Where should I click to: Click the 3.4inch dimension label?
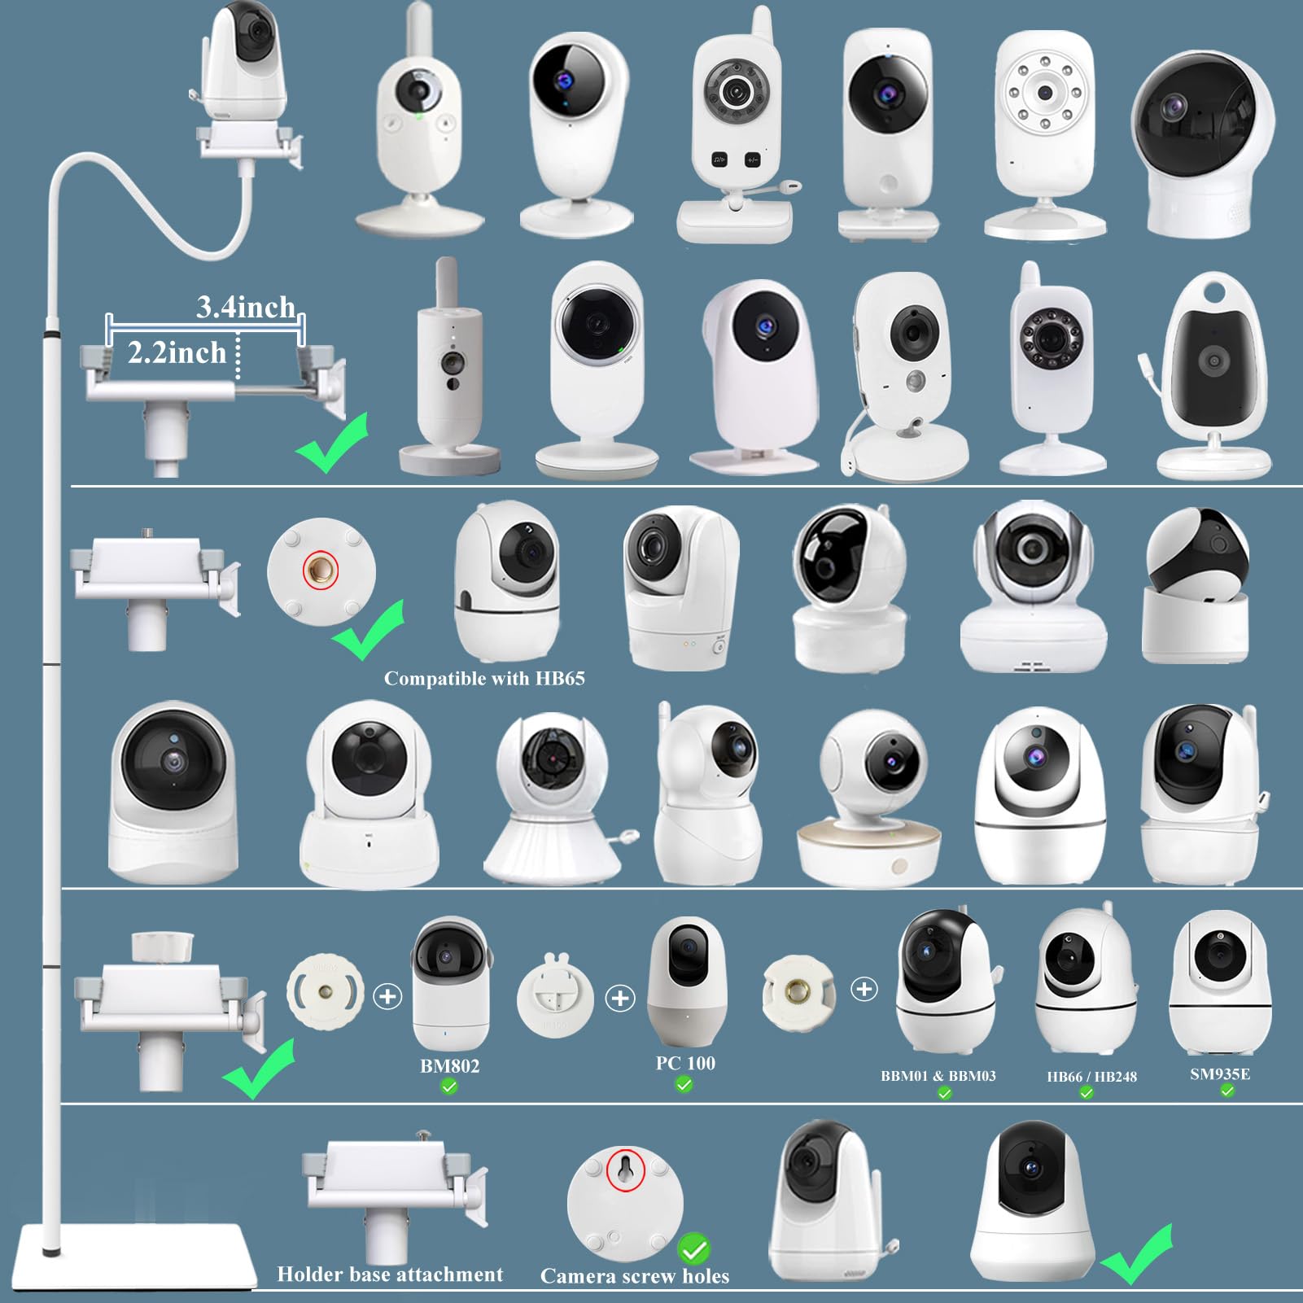tap(245, 308)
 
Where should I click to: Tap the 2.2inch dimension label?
tap(177, 353)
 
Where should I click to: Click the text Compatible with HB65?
tap(484, 678)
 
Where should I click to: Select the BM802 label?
tap(449, 1065)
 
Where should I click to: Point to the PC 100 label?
tap(685, 1063)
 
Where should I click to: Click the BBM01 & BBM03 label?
tap(938, 1076)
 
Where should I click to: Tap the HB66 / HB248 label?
tap(1091, 1077)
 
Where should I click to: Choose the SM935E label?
tap(1219, 1074)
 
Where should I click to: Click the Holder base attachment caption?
tap(390, 1275)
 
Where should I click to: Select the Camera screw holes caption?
tap(635, 1276)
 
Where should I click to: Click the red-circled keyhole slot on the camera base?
tap(626, 1170)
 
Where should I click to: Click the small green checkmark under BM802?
tap(448, 1086)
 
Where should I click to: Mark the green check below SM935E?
tap(1226, 1091)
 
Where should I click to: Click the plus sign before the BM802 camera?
tap(387, 996)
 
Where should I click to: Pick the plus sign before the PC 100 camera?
tap(620, 998)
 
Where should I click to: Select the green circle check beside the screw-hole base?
tap(693, 1248)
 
